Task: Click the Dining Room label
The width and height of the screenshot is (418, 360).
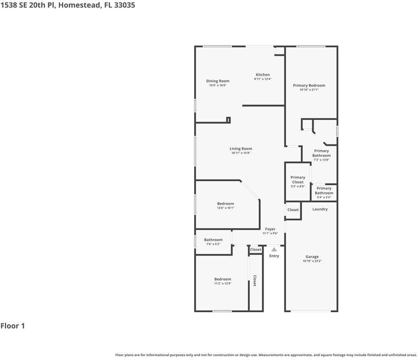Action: [218, 81]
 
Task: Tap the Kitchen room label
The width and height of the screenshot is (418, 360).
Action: [262, 75]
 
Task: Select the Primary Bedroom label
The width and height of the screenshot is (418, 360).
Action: [309, 85]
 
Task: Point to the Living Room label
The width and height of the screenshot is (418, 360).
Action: [241, 148]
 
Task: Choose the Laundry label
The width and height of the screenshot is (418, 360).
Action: [320, 209]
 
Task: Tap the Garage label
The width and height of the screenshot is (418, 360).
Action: [312, 257]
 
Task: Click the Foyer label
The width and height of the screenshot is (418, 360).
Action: [270, 229]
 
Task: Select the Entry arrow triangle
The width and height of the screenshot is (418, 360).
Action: [274, 250]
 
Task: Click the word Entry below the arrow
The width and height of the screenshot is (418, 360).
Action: [274, 256]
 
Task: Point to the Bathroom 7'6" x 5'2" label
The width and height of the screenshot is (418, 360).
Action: [213, 240]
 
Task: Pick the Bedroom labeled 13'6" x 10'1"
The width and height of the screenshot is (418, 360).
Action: [226, 204]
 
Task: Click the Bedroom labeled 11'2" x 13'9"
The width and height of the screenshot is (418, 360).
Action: [223, 279]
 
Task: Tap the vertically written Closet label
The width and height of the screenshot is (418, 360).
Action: [255, 281]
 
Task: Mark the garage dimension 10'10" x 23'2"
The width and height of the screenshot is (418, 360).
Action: [312, 262]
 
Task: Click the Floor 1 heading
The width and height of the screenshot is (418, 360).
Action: [13, 326]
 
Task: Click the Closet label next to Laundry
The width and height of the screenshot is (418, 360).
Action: [293, 209]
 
